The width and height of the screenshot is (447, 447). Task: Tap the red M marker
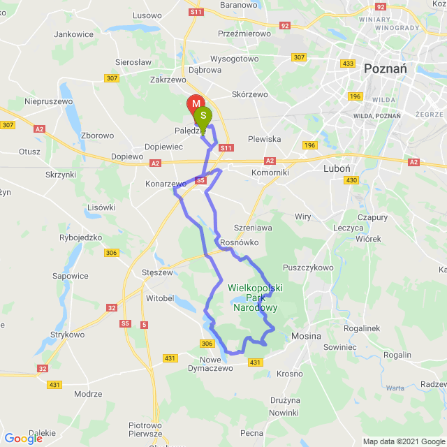pyautogui.click(x=196, y=105)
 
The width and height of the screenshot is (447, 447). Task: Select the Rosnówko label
pyautogui.click(x=239, y=242)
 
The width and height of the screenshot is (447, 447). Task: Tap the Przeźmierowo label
pyautogui.click(x=244, y=32)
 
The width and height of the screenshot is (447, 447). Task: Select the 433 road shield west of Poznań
pyautogui.click(x=348, y=64)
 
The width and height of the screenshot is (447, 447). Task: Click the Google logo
pyautogui.click(x=22, y=438)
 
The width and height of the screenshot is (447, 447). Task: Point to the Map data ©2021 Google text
pyautogui.click(x=403, y=441)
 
